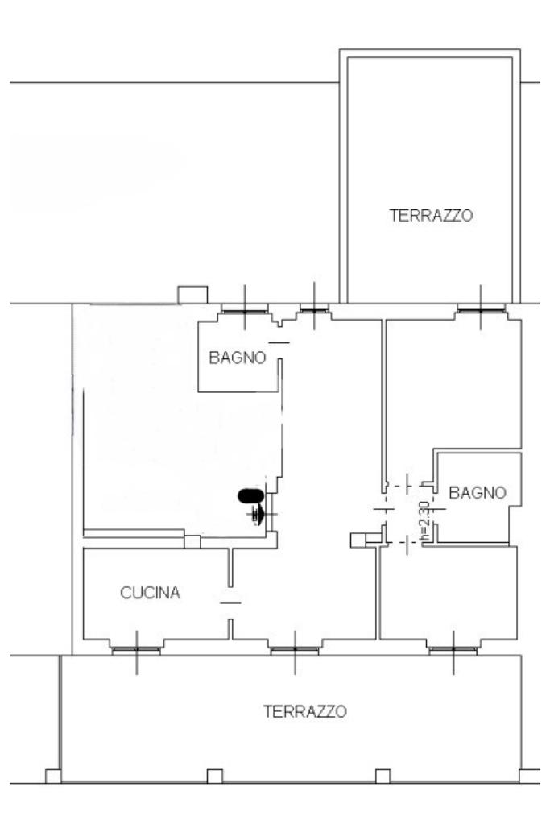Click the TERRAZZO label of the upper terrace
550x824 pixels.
click(x=430, y=216)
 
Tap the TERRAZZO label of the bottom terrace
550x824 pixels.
click(x=305, y=712)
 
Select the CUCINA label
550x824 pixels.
click(x=151, y=594)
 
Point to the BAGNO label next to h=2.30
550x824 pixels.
click(x=478, y=493)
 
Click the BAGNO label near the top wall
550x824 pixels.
click(x=238, y=358)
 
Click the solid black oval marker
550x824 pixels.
click(x=249, y=496)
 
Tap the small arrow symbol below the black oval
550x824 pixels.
click(x=258, y=514)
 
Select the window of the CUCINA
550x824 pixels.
click(x=136, y=649)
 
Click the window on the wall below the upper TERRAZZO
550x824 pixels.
click(x=481, y=308)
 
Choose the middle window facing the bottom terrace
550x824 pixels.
click(x=295, y=649)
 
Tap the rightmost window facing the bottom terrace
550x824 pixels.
click(x=453, y=649)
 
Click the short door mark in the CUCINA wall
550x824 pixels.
click(x=230, y=602)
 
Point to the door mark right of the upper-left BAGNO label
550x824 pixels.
click(x=278, y=343)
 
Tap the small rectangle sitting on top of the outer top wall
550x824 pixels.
click(x=192, y=295)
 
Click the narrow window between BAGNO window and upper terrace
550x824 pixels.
click(x=314, y=308)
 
